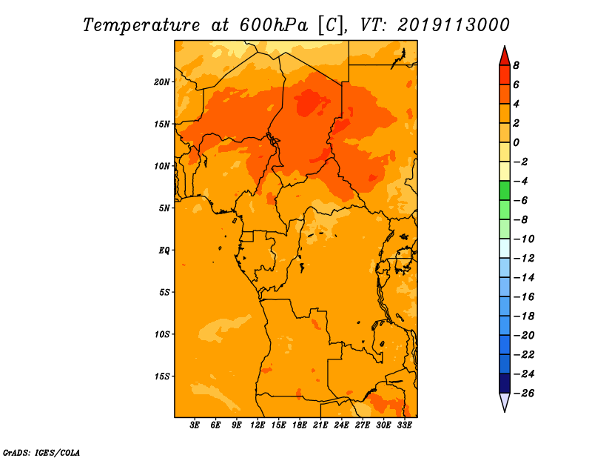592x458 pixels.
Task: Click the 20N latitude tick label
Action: point(161,82)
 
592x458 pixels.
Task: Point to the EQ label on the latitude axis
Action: point(164,250)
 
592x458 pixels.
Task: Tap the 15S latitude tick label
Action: point(162,376)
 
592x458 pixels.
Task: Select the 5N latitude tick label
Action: point(164,208)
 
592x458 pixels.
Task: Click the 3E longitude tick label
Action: point(195,425)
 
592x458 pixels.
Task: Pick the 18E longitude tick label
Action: point(300,425)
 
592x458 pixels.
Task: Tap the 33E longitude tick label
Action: point(404,425)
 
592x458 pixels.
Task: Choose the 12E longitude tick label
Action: point(258,425)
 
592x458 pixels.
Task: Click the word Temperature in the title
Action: point(141,25)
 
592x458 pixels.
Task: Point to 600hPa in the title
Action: point(273,25)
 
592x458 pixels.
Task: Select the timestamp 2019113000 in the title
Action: point(454,25)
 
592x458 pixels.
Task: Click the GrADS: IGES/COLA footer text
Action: point(41,452)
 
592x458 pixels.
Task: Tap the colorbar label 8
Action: point(516,65)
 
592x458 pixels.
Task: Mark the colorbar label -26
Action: point(524,394)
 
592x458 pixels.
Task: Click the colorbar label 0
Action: point(516,142)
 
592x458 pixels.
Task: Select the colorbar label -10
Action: point(524,239)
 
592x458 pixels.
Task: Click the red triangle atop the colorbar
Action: point(505,57)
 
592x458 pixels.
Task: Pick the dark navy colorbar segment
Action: point(505,383)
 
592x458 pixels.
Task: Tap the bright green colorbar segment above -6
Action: point(505,190)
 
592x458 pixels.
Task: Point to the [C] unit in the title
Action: point(331,26)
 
